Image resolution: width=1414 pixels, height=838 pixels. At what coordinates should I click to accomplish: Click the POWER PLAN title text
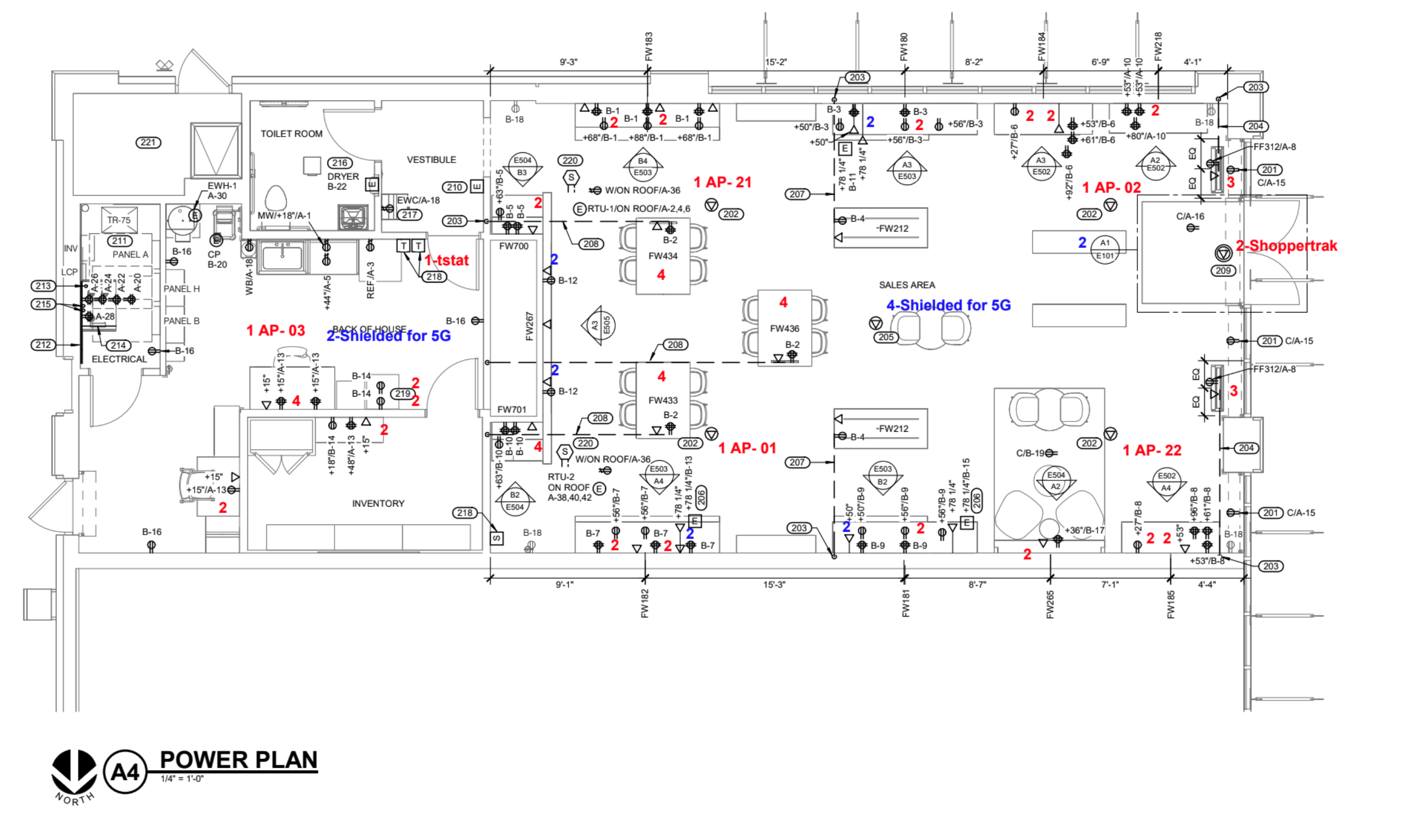(238, 760)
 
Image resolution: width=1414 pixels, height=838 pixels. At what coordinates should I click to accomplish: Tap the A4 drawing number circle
(125, 771)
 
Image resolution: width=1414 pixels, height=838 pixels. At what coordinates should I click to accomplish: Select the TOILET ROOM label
(291, 134)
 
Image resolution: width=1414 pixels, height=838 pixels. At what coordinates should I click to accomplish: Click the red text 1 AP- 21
(722, 182)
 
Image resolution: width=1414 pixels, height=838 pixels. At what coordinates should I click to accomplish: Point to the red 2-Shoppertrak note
(1286, 246)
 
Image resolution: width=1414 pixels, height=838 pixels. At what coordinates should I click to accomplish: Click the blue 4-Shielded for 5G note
(948, 305)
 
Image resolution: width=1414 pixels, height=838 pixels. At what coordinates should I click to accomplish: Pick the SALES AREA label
(906, 285)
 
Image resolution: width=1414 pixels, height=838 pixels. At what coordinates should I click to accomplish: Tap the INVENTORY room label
(378, 503)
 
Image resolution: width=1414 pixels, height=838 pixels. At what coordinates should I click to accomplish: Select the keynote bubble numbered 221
(148, 142)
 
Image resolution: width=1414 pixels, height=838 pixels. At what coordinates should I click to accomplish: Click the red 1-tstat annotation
(446, 260)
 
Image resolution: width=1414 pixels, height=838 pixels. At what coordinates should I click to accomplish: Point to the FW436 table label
(784, 329)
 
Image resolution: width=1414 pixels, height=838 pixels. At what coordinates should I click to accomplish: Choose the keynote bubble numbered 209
(1223, 271)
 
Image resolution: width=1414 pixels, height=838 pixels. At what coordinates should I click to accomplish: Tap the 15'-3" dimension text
(773, 585)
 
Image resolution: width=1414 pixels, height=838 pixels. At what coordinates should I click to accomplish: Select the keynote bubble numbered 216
(340, 163)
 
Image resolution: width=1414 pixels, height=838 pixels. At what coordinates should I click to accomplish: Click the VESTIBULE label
(431, 160)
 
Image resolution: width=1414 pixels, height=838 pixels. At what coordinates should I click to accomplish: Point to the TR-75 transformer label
(119, 220)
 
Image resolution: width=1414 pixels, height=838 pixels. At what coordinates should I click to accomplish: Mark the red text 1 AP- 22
(1152, 451)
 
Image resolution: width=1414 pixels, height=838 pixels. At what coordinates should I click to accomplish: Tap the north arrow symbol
(74, 772)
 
